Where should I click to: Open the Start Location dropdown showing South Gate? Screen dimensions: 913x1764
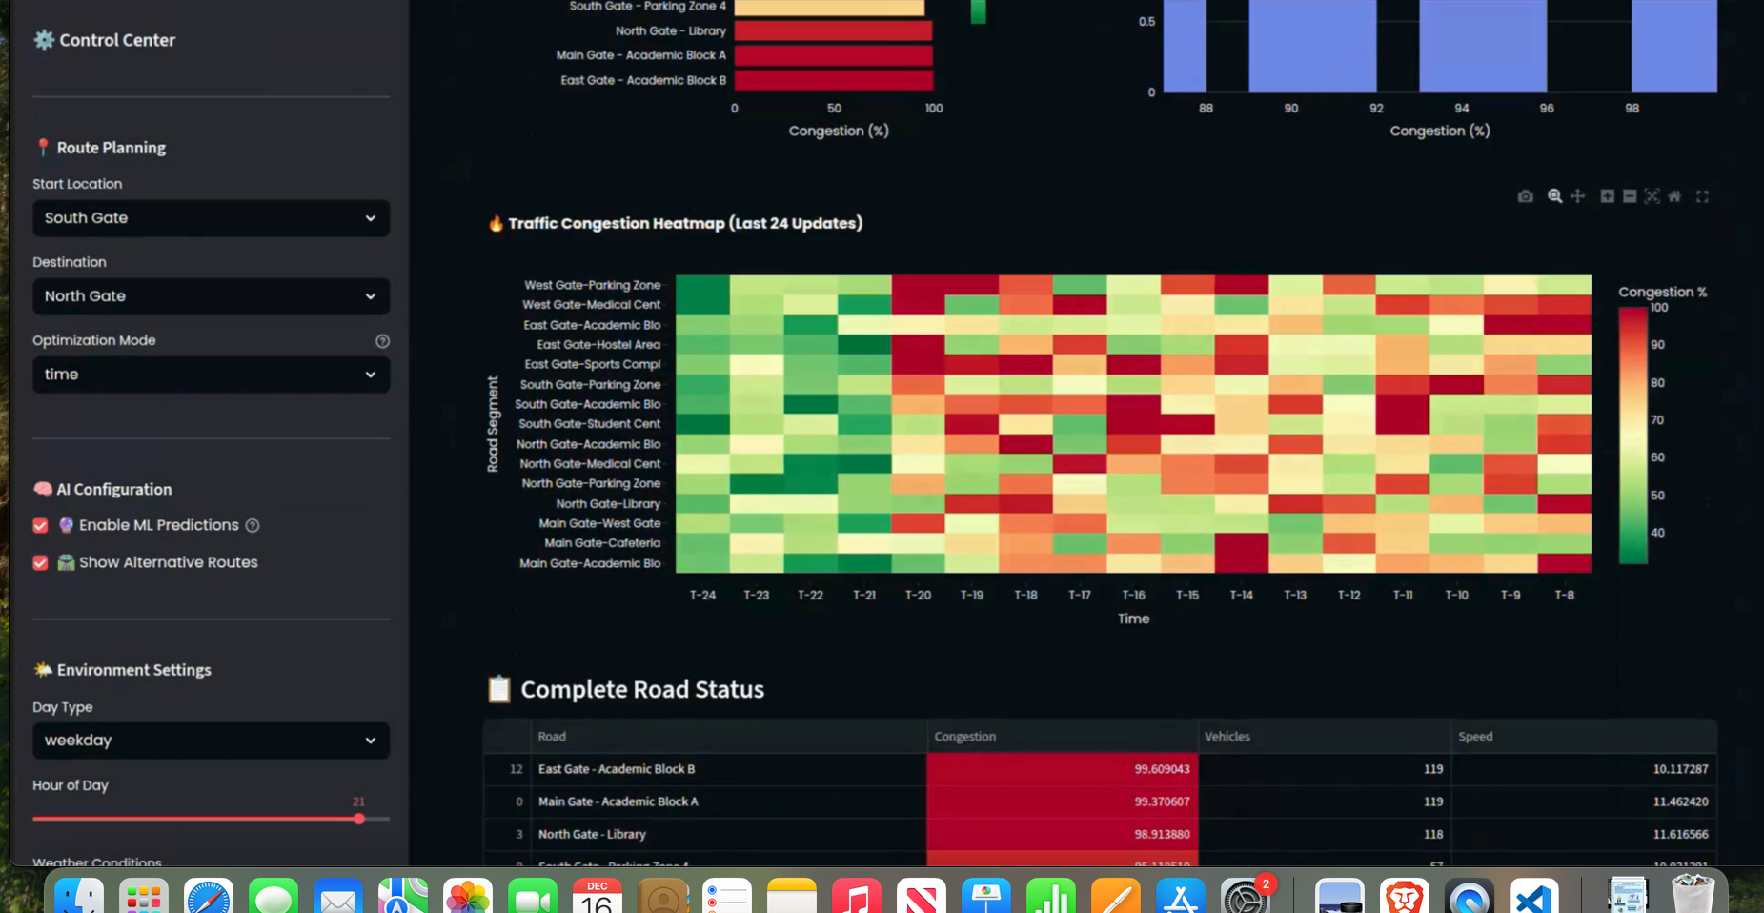pyautogui.click(x=211, y=218)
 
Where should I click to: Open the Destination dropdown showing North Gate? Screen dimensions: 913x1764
pyautogui.click(x=211, y=296)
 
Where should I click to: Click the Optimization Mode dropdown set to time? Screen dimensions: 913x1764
pyautogui.click(x=211, y=375)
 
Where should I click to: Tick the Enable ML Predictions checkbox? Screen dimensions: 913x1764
pyautogui.click(x=41, y=525)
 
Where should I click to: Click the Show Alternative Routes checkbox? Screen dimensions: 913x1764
pyautogui.click(x=41, y=562)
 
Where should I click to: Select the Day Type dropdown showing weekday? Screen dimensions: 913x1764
pyautogui.click(x=211, y=741)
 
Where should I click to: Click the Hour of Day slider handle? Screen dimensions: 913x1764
pyautogui.click(x=359, y=819)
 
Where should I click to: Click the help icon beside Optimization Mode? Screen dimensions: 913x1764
pyautogui.click(x=382, y=341)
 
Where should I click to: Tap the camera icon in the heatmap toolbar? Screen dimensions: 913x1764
pyautogui.click(x=1525, y=196)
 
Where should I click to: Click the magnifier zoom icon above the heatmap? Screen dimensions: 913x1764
pyautogui.click(x=1554, y=196)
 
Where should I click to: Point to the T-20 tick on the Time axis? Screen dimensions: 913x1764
pyautogui.click(x=918, y=595)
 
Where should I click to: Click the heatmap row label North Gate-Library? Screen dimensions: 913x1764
pyautogui.click(x=608, y=504)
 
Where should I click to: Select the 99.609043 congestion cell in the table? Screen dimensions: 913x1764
pyautogui.click(x=1062, y=769)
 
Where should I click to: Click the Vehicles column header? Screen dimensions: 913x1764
pyautogui.click(x=1227, y=737)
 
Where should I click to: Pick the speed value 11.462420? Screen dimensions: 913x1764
pyautogui.click(x=1680, y=801)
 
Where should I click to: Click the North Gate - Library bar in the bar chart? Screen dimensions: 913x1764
pyautogui.click(x=832, y=30)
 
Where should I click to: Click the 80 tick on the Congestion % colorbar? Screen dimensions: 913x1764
pyautogui.click(x=1658, y=383)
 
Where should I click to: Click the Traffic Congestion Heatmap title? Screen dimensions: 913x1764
pyautogui.click(x=684, y=223)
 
